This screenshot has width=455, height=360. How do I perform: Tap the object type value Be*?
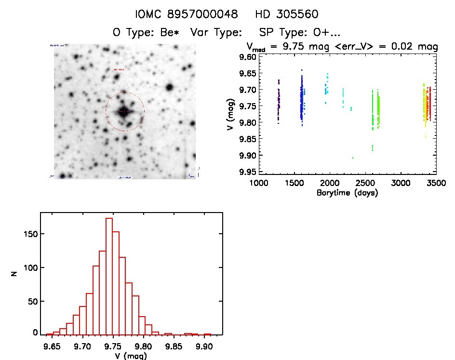171,33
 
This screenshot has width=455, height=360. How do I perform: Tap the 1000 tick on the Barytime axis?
259,184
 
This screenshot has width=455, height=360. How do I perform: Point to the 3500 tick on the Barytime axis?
436,184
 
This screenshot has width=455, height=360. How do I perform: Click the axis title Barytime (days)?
347,193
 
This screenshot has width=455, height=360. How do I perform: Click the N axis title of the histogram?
15,274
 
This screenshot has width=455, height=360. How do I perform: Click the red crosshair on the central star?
124,112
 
